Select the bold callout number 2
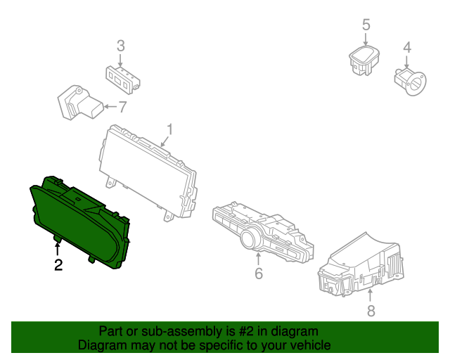coord(58,264)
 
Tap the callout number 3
coord(121,46)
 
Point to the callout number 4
coord(406,48)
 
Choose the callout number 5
coord(366,25)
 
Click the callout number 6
coord(259,273)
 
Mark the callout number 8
coord(371,310)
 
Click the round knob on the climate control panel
coord(250,240)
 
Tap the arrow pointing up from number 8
coord(371,292)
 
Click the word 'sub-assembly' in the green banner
coord(164,331)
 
